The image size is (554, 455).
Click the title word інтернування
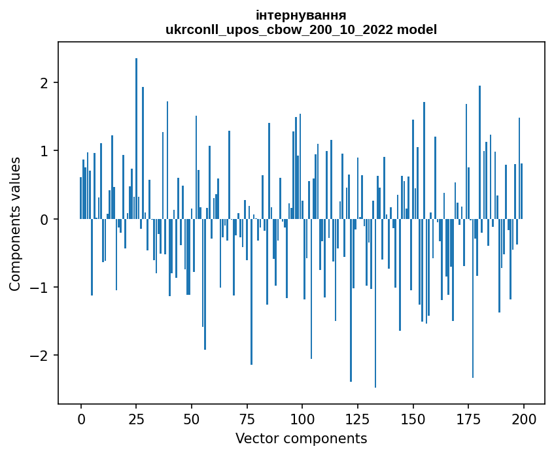coord(301,15)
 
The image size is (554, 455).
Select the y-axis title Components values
coord(15,224)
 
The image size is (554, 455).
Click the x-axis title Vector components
coord(301,438)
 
